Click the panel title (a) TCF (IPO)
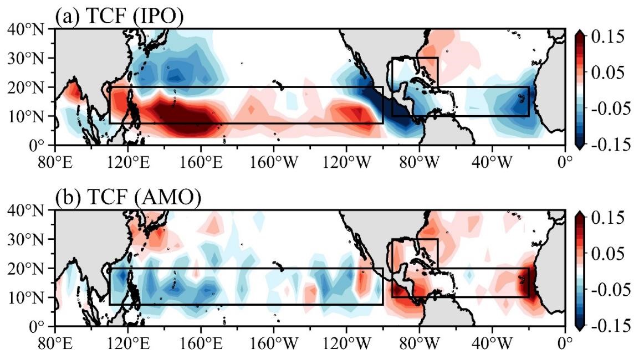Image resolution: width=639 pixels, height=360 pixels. (x=119, y=16)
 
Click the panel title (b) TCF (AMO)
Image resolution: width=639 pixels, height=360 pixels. (x=128, y=198)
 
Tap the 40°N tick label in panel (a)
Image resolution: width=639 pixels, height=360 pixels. (x=25, y=29)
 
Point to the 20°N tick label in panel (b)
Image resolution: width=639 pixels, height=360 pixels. (x=25, y=269)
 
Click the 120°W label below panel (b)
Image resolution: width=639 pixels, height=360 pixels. (x=347, y=344)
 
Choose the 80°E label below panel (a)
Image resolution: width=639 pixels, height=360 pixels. (x=55, y=162)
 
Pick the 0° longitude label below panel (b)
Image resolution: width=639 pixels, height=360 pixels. (x=565, y=344)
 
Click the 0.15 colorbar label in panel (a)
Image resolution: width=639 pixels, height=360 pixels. (x=607, y=37)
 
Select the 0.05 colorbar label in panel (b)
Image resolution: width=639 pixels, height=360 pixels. (x=607, y=253)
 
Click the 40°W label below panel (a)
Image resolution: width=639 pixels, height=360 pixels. (x=492, y=162)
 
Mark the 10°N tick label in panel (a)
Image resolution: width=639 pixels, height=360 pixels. (x=25, y=116)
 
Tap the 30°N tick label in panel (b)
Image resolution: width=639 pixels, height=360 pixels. (x=25, y=239)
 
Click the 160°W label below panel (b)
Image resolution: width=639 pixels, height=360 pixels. (x=274, y=344)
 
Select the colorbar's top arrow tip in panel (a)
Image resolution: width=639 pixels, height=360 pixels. (x=580, y=30)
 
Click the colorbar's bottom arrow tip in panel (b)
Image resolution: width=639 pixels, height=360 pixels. (x=580, y=330)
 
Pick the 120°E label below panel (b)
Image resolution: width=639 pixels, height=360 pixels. (x=127, y=344)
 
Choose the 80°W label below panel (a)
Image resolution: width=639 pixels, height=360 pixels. (x=419, y=162)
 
